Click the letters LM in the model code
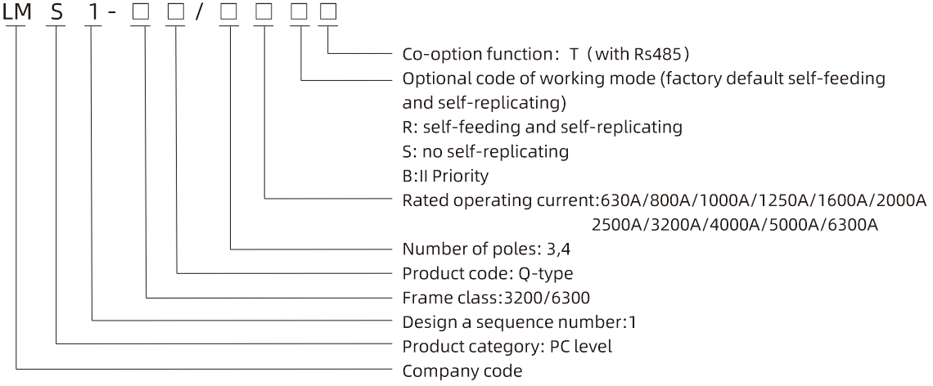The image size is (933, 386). [16, 12]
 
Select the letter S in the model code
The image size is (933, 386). [57, 12]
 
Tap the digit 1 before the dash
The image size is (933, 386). [94, 12]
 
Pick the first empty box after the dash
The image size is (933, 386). [141, 12]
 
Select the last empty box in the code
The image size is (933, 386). [327, 12]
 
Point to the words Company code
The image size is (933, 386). [462, 371]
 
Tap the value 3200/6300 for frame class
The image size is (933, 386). [547, 297]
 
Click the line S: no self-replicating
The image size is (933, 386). [485, 151]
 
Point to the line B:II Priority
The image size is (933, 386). [445, 176]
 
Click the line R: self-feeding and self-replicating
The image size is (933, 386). [542, 128]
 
